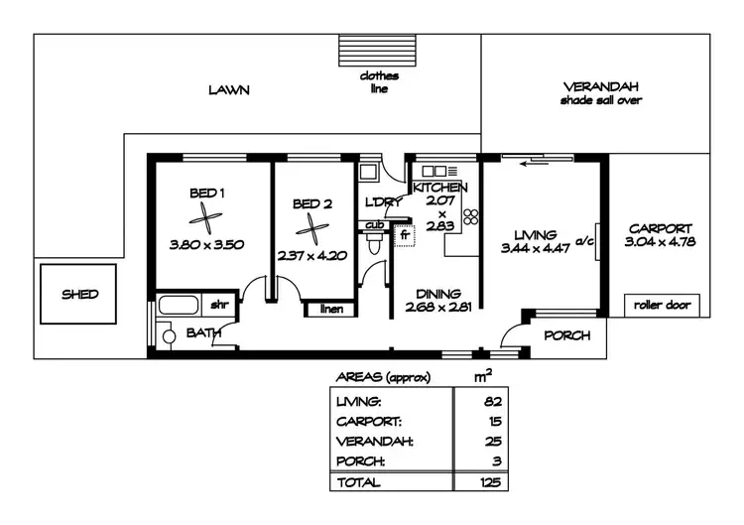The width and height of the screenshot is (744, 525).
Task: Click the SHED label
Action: click(x=80, y=294)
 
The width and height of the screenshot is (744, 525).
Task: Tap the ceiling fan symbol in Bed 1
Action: click(x=207, y=219)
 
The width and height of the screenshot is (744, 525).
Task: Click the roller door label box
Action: click(x=662, y=305)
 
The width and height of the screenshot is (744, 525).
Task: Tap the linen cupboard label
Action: click(x=331, y=309)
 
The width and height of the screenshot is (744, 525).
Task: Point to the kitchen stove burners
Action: click(x=470, y=215)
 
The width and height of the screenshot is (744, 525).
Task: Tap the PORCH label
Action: click(x=567, y=335)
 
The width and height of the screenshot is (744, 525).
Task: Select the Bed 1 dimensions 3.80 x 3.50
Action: click(x=208, y=243)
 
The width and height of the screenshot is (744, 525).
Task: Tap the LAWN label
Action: click(x=228, y=90)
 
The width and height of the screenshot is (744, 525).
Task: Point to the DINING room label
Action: click(x=437, y=294)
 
